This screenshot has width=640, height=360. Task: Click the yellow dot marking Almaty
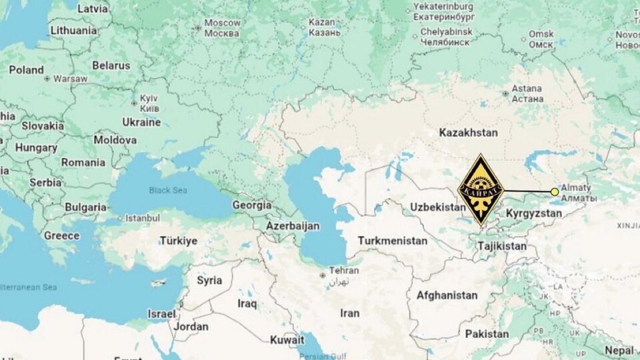click(x=555, y=192)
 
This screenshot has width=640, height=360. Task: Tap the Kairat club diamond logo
click(x=481, y=190)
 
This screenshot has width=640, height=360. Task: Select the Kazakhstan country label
click(x=468, y=133)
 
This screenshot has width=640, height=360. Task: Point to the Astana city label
click(x=527, y=93)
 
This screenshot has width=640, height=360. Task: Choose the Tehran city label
click(x=343, y=271)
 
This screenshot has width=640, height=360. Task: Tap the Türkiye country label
click(x=178, y=241)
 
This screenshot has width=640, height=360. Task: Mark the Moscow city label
click(x=222, y=27)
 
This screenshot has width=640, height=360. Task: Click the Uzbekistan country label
click(x=437, y=207)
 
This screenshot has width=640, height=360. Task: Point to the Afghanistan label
click(x=447, y=295)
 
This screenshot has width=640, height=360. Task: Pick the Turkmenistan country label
click(x=393, y=241)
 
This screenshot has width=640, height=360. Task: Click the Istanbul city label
click(x=143, y=218)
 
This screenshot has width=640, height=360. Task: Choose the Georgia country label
click(x=251, y=205)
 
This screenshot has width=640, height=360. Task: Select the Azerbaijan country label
click(x=293, y=226)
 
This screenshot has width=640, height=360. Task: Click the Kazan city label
click(x=322, y=27)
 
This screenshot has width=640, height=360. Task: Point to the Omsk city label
click(x=541, y=39)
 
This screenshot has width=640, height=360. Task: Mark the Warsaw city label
click(x=70, y=79)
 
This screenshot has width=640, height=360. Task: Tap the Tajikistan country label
click(x=501, y=246)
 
